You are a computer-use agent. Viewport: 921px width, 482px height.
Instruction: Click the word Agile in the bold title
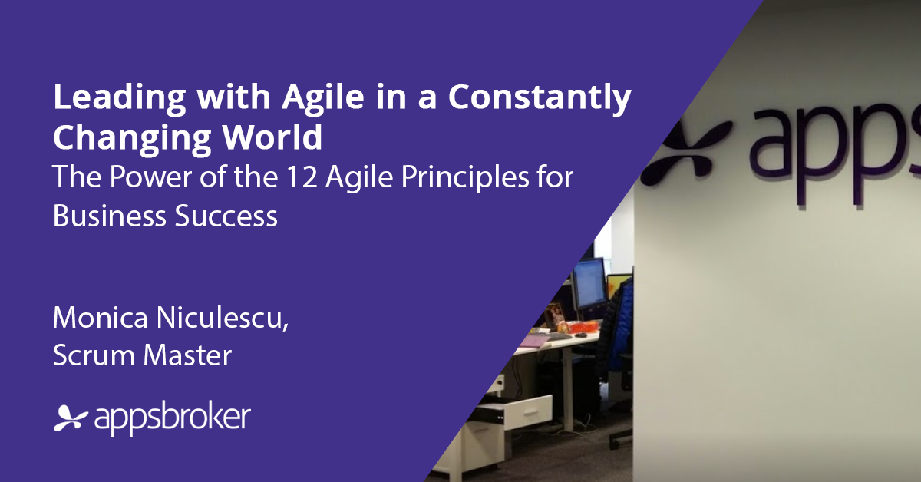[323, 98]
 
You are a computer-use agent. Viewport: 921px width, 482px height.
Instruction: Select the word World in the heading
[272, 137]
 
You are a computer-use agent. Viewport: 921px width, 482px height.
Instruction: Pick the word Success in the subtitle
[226, 216]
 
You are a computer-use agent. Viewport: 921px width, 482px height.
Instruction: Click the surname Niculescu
[223, 318]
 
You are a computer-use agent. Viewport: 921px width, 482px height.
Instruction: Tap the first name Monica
[101, 318]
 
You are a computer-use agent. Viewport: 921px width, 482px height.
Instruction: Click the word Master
[187, 355]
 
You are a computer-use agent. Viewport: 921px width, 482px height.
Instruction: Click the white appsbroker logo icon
[71, 418]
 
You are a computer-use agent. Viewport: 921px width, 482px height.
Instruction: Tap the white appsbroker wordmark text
[173, 418]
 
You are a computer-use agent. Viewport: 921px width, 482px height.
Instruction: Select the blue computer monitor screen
[589, 282]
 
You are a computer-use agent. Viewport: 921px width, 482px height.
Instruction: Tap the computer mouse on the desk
[580, 335]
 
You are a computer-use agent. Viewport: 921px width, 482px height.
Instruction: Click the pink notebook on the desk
[534, 341]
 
